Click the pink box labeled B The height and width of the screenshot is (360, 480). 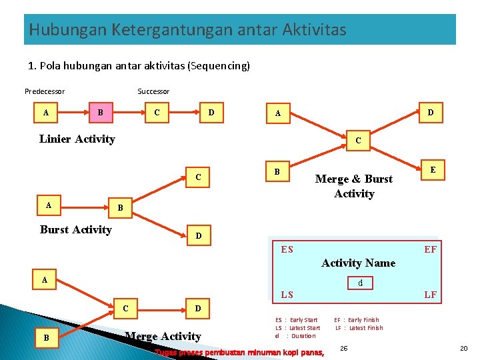click(101, 113)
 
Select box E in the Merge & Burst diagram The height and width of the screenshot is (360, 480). click(433, 171)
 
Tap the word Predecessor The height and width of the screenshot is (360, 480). click(45, 91)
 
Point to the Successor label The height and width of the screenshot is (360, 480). click(153, 91)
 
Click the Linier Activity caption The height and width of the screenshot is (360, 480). click(77, 139)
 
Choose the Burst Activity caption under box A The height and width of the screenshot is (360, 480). click(76, 229)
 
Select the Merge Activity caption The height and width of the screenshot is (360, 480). click(163, 336)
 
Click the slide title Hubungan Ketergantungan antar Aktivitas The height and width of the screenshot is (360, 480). click(187, 30)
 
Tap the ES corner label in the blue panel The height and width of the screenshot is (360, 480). click(287, 249)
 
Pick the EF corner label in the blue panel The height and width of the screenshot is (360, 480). click(431, 249)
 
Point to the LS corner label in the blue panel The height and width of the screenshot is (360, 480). click(287, 294)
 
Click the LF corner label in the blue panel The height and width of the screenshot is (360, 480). click(431, 294)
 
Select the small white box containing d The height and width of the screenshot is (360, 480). click(361, 283)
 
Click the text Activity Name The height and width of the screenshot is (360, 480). click(358, 263)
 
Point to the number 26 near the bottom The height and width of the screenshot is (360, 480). click(343, 348)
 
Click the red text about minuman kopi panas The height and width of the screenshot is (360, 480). click(239, 352)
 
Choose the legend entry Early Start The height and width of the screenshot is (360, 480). click(303, 320)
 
